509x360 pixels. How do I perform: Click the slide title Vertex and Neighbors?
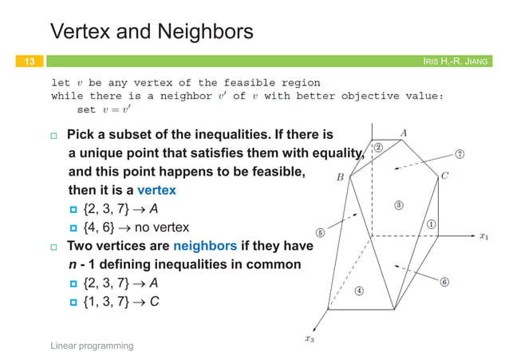click(x=152, y=33)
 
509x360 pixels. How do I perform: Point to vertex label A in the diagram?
click(x=404, y=133)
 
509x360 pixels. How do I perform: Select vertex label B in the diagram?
click(x=340, y=178)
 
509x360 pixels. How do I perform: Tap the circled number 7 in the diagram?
click(x=460, y=152)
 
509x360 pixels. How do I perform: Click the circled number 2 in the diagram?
click(x=377, y=148)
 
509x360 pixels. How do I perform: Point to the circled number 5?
click(x=320, y=233)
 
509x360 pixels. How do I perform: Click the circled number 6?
click(x=445, y=280)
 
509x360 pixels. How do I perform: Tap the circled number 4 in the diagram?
click(x=360, y=291)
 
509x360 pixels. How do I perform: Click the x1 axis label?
click(x=483, y=236)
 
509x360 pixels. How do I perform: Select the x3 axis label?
click(x=310, y=338)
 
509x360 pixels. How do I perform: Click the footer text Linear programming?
click(x=91, y=345)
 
